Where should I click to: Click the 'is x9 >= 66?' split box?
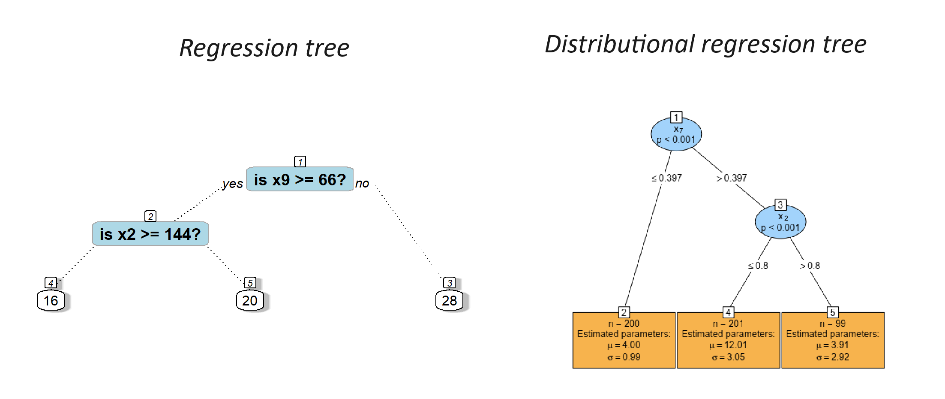tap(300, 179)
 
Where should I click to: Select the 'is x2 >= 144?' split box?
tap(150, 234)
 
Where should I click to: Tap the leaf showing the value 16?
tap(51, 300)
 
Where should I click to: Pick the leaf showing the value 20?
tap(250, 300)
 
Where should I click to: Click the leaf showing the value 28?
tap(449, 300)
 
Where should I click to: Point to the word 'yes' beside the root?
tap(233, 184)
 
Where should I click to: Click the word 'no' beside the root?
tap(362, 184)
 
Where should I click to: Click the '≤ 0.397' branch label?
tap(666, 178)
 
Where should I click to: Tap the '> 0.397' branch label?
tap(732, 178)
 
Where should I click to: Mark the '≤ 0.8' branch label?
tap(758, 266)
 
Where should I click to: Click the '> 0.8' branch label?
tap(810, 266)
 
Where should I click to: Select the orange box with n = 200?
tap(624, 340)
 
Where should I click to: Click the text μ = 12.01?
tap(728, 345)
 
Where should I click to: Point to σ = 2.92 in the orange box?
tap(833, 357)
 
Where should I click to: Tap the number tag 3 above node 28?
tap(449, 283)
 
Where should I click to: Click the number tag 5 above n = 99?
tap(832, 312)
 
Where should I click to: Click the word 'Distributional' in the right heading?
tap(620, 45)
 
